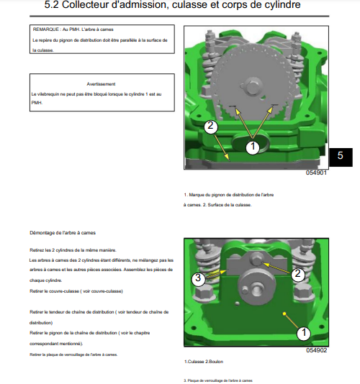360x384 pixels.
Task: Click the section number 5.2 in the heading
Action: (52, 5)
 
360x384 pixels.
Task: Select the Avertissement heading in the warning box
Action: (101, 84)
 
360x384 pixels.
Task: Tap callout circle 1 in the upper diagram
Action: (253, 147)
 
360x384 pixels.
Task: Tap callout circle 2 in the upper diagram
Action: (211, 126)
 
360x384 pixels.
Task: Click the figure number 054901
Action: (316, 173)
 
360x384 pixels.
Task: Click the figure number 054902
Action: (316, 350)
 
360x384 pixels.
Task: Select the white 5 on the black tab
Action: (340, 155)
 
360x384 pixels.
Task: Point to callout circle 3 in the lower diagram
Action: (198, 278)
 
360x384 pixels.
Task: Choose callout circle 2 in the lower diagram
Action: (297, 273)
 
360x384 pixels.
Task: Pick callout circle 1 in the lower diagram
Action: (304, 333)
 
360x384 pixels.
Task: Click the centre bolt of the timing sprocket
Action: (252, 87)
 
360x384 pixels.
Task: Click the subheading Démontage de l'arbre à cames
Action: (63, 233)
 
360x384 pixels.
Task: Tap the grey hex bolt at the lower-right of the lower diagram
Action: (303, 293)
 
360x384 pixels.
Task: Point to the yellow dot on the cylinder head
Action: (284, 314)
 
